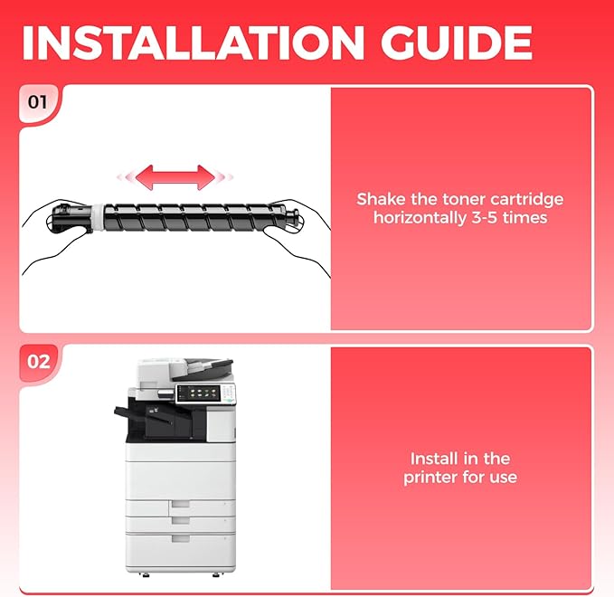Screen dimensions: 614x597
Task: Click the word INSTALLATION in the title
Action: click(x=193, y=43)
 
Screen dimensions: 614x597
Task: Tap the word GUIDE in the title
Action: click(x=457, y=43)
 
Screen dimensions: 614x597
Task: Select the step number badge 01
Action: click(x=38, y=102)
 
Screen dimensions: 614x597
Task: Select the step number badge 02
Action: click(x=38, y=361)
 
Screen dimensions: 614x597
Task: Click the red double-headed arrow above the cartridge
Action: click(x=175, y=177)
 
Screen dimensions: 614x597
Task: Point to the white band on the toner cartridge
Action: click(x=99, y=216)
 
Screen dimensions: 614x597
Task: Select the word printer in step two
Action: click(x=430, y=478)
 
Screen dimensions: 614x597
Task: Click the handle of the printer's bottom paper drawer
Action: click(x=181, y=539)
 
